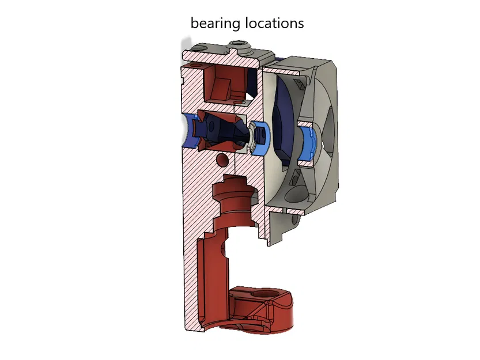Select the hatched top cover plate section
(219, 56)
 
